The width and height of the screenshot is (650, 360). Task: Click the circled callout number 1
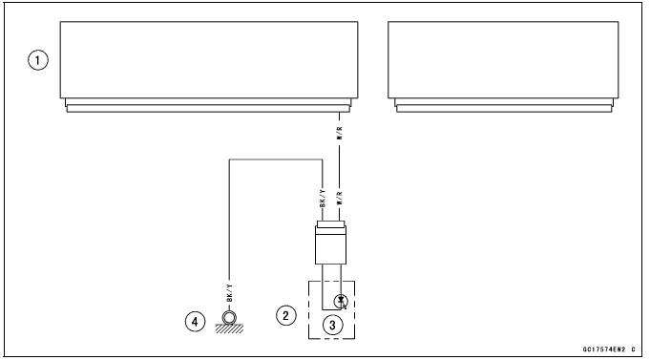38,59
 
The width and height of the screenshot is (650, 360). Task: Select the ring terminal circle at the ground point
228,317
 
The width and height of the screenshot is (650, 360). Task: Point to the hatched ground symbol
228,328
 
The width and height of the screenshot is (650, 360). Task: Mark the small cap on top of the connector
331,226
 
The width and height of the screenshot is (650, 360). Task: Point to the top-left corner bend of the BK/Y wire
228,161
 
